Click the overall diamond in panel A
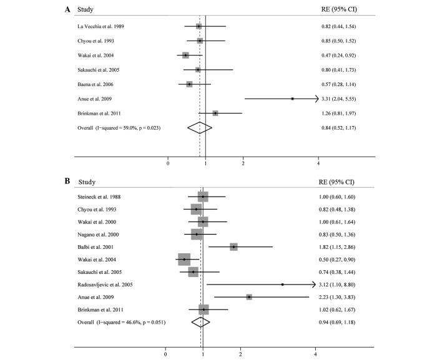tap(200, 127)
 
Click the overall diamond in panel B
tap(200, 322)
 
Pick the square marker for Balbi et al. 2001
tap(233, 247)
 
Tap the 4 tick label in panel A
tap(318, 163)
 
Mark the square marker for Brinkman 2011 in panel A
tap(215, 113)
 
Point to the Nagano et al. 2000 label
tap(99, 235)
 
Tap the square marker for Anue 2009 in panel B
tap(248, 297)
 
